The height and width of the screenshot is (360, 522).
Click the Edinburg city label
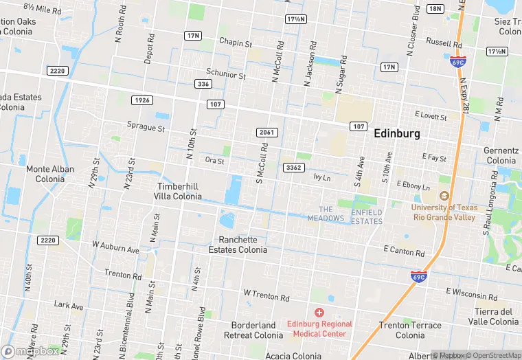(x=396, y=134)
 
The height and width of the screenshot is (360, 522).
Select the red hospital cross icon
(x=319, y=313)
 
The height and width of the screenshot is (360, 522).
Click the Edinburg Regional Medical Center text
(x=319, y=329)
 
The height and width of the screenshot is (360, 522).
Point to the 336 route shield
(x=203, y=84)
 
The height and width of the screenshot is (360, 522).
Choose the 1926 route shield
(x=142, y=100)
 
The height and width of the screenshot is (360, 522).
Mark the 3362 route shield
(x=293, y=168)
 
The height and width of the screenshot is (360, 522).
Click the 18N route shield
(x=434, y=8)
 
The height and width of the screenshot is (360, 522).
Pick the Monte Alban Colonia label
(x=45, y=174)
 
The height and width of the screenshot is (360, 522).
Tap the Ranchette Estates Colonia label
(x=238, y=245)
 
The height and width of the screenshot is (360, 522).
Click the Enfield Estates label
(x=367, y=217)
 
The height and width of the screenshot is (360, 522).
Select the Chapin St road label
(x=236, y=43)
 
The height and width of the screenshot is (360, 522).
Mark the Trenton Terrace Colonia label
(x=410, y=330)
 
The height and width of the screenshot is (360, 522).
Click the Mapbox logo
(x=30, y=351)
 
